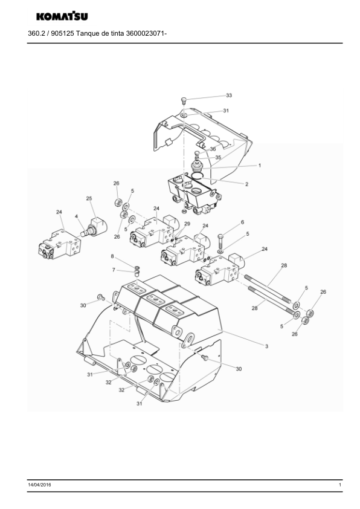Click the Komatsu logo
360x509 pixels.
62,16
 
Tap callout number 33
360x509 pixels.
229,96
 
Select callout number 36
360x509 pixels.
213,149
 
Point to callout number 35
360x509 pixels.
218,157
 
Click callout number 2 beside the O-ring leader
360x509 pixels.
247,184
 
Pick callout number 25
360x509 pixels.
89,198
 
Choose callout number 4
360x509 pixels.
76,216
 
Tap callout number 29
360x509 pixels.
187,224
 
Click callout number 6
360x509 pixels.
242,222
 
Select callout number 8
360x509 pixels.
112,256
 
